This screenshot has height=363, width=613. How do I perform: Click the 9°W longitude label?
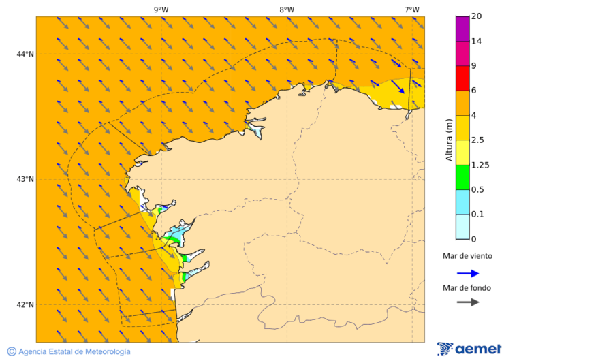[161, 10]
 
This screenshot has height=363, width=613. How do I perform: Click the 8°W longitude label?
[286, 10]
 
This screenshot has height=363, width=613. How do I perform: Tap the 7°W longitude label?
[411, 10]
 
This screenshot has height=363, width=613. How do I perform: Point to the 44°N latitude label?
[25, 54]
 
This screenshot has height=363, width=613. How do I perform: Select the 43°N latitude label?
[25, 179]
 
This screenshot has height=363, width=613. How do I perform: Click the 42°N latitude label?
[25, 304]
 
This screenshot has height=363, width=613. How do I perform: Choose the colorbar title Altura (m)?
[449, 140]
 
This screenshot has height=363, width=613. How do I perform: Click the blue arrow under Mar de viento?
[468, 273]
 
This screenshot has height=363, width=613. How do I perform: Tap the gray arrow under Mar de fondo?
[468, 302]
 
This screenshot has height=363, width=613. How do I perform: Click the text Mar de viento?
[467, 257]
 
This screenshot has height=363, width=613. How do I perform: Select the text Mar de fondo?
[467, 288]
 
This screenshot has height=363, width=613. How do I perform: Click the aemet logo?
[469, 349]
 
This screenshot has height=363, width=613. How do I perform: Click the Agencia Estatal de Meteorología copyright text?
[69, 351]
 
